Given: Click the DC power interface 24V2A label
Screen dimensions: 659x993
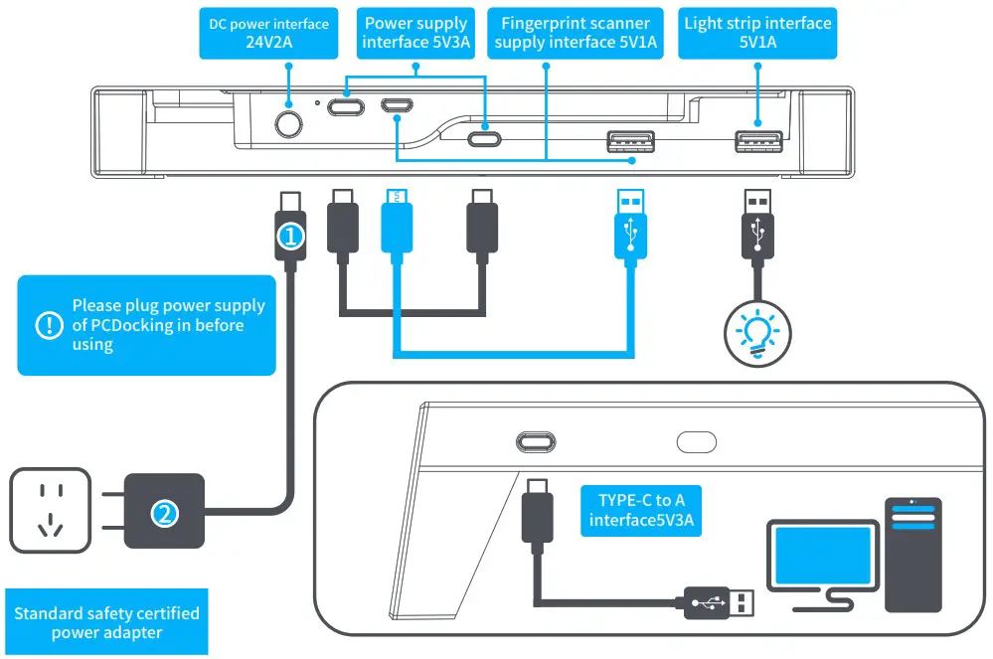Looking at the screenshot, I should click(268, 33).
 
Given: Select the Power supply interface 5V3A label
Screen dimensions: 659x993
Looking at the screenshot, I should click(415, 33).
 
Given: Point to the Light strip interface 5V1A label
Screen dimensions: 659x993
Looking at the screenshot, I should click(756, 33).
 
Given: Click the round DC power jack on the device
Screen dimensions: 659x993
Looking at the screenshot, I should click(288, 124).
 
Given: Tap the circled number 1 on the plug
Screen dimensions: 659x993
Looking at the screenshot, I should click(288, 237).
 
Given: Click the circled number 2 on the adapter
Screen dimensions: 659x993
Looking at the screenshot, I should click(165, 513).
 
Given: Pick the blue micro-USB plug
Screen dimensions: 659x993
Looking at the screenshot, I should click(396, 225).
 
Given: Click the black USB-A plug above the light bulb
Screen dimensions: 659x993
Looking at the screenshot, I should click(757, 226).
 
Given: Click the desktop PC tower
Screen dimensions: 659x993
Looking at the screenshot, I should click(911, 553).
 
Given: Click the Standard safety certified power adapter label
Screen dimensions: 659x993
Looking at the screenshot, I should click(106, 623).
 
